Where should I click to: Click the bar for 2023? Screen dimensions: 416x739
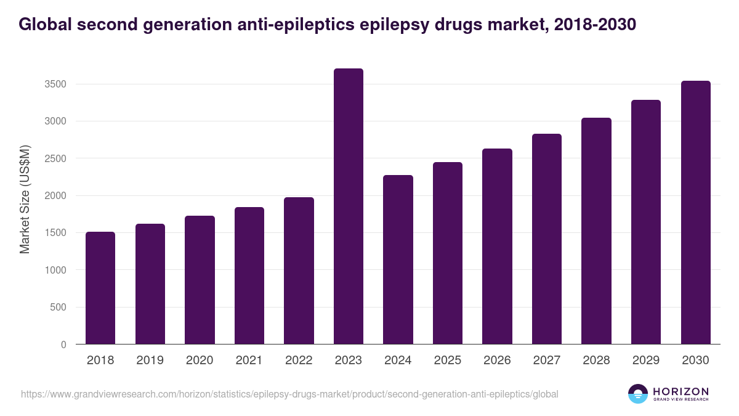(x=349, y=206)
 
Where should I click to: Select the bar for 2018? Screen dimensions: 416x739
(x=100, y=288)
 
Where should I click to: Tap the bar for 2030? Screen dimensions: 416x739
(x=695, y=213)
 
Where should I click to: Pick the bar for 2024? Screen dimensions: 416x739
(x=398, y=259)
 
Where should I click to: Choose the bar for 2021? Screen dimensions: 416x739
(x=249, y=275)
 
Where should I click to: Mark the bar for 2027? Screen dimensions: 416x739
(x=547, y=239)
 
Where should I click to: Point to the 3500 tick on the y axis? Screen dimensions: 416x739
(x=55, y=84)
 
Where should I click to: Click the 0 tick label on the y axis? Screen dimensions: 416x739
(x=63, y=345)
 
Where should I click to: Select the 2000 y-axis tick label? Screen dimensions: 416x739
(x=55, y=196)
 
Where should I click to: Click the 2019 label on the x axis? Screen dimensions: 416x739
(x=150, y=361)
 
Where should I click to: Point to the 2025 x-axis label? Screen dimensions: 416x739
(x=448, y=361)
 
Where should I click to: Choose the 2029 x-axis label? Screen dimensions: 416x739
(x=646, y=361)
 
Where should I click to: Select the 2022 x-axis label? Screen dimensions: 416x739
(x=299, y=361)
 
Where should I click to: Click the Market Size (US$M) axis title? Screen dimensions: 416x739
(x=25, y=199)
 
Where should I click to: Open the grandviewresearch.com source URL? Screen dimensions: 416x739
(x=289, y=394)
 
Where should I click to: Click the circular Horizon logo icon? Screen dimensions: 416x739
(x=638, y=394)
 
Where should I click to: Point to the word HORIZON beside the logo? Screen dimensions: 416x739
(x=681, y=391)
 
